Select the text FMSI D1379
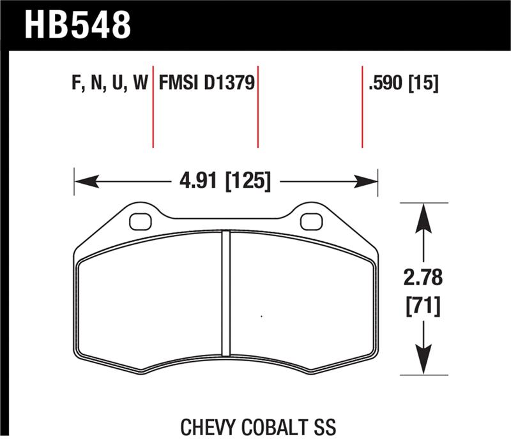click(x=207, y=84)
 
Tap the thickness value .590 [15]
click(x=403, y=84)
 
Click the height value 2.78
click(x=423, y=279)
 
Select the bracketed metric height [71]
click(x=423, y=307)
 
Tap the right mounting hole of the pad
click(x=311, y=221)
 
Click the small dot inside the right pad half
click(x=261, y=316)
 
